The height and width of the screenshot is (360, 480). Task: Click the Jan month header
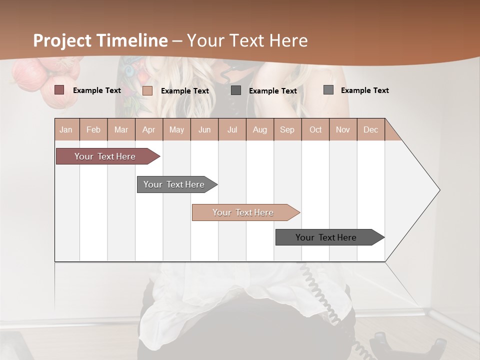coord(66,129)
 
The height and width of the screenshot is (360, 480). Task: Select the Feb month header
coord(93,129)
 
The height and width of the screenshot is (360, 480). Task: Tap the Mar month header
coord(121,129)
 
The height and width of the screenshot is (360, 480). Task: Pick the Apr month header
coord(149,129)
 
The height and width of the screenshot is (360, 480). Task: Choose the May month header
coord(176,129)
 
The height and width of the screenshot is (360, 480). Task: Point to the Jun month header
coord(204,129)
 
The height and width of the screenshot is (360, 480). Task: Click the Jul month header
coord(232,129)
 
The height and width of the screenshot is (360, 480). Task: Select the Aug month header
coord(260,129)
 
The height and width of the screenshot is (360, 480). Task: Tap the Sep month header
coord(287,129)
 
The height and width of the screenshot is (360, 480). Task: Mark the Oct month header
coord(315,129)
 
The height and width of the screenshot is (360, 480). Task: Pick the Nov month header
coord(343,129)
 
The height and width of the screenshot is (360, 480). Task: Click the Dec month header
coord(370,129)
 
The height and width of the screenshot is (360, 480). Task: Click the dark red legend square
coord(59,90)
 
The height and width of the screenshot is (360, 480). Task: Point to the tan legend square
coord(147,90)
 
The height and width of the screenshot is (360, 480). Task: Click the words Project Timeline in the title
coord(100,40)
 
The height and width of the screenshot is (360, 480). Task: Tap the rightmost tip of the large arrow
coord(439,190)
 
